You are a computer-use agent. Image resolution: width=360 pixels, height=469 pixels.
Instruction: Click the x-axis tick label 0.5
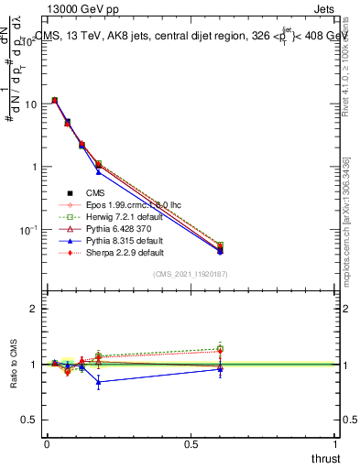191,443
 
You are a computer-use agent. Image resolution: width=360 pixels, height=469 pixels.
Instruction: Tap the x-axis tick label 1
336,443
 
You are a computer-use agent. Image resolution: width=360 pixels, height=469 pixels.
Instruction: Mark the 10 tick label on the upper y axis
31,104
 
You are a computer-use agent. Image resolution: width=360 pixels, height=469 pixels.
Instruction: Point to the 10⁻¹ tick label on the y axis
29,229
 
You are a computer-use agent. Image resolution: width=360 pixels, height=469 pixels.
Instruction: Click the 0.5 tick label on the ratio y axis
29,420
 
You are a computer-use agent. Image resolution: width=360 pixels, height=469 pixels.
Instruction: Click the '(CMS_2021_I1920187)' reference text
191,274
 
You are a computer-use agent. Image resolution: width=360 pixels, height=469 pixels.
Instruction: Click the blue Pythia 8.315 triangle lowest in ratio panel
98,381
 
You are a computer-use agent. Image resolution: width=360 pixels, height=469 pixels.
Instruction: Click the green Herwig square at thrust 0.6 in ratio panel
220,348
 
